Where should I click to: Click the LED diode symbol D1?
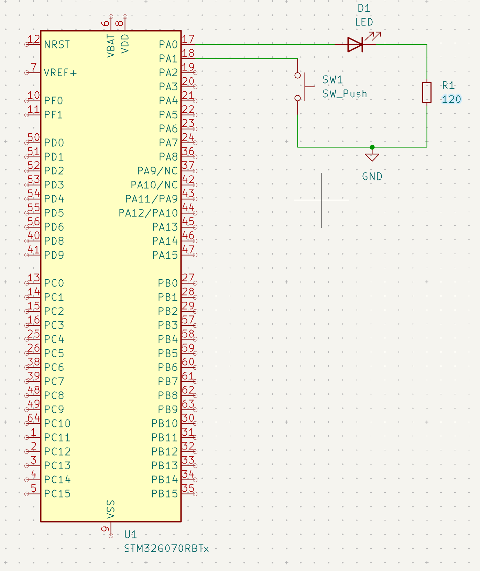pyautogui.click(x=355, y=45)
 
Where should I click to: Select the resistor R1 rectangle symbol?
pyautogui.click(x=427, y=92)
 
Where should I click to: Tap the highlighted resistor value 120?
pyautogui.click(x=451, y=100)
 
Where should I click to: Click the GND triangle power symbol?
pyautogui.click(x=372, y=157)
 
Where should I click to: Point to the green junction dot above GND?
pyautogui.click(x=372, y=147)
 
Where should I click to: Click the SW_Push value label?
pyautogui.click(x=345, y=94)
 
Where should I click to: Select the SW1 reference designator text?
pyautogui.click(x=332, y=80)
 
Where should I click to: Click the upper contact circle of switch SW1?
pyautogui.click(x=298, y=75)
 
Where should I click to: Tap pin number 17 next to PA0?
pyautogui.click(x=188, y=39)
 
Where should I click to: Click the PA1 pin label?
pyautogui.click(x=168, y=59)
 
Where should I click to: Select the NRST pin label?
pyautogui.click(x=57, y=45)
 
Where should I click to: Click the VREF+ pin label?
pyautogui.click(x=60, y=73)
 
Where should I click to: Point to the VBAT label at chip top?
pyautogui.click(x=111, y=46)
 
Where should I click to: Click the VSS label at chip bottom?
pyautogui.click(x=111, y=510)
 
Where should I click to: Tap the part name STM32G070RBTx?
pyautogui.click(x=166, y=549)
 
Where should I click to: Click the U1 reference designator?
pyautogui.click(x=131, y=535)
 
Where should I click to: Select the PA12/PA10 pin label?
pyautogui.click(x=148, y=213)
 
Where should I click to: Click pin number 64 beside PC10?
pyautogui.click(x=34, y=418)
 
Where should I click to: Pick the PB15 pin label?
pyautogui.click(x=164, y=494)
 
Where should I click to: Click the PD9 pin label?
pyautogui.click(x=54, y=255)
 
